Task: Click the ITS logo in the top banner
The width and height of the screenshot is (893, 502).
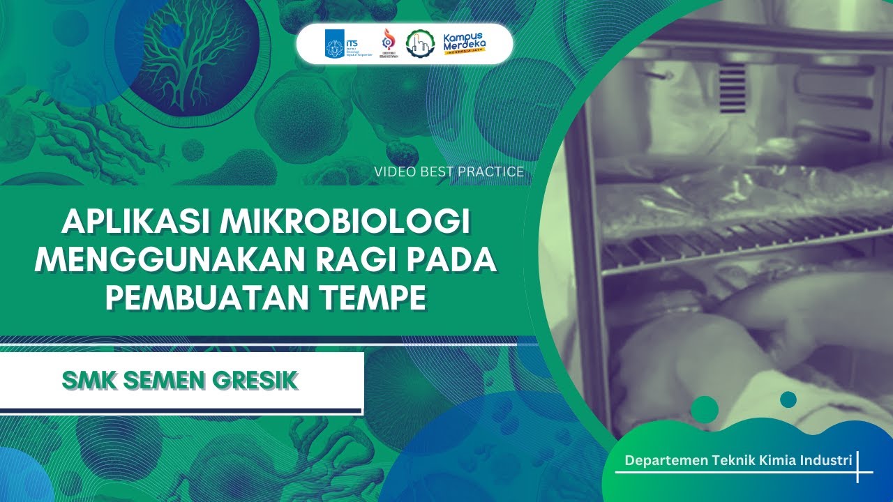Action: (340, 43)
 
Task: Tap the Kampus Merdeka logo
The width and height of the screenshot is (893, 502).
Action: (465, 43)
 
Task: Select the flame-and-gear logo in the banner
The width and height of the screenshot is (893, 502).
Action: (388, 43)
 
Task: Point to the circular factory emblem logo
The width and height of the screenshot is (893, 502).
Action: (419, 43)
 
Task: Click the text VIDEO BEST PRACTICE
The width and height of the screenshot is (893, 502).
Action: (449, 172)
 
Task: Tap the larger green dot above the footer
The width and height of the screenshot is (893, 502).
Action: (704, 409)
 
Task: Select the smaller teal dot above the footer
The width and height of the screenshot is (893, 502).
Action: (788, 400)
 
